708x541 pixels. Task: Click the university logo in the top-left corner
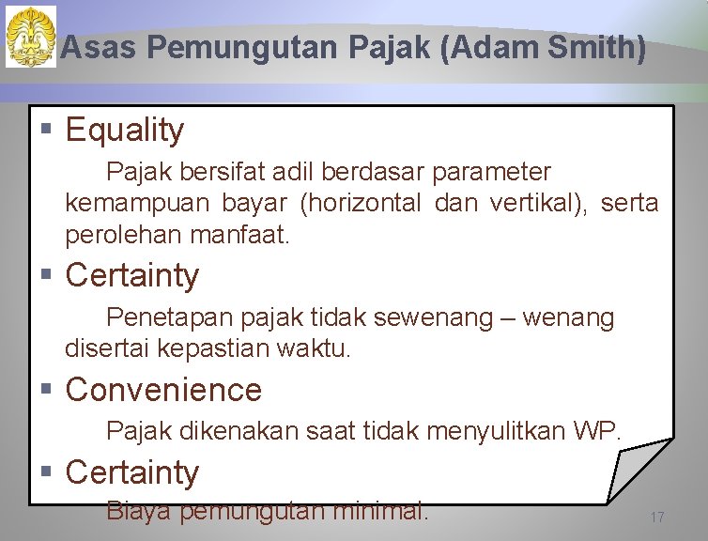pos(31,37)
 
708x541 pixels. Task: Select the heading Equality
pos(125,130)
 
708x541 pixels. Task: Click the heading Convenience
pos(164,389)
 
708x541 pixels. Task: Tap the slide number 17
pos(657,518)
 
